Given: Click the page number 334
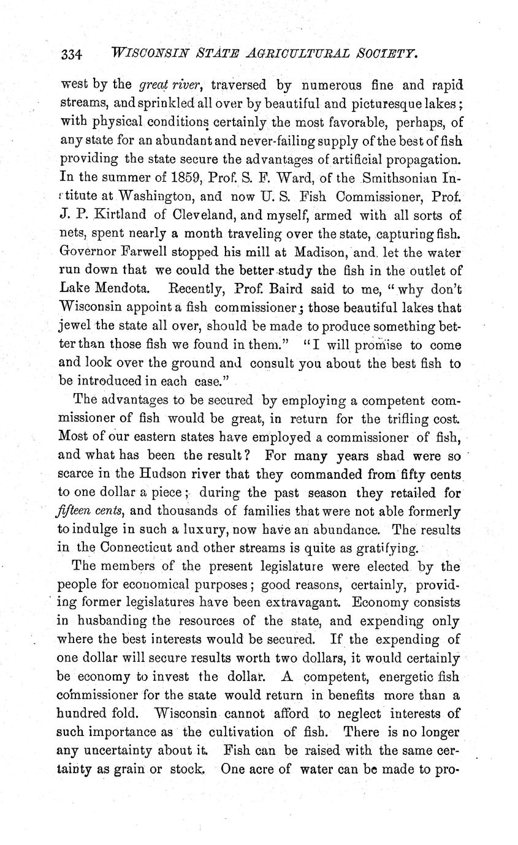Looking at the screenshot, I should (x=72, y=54).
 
